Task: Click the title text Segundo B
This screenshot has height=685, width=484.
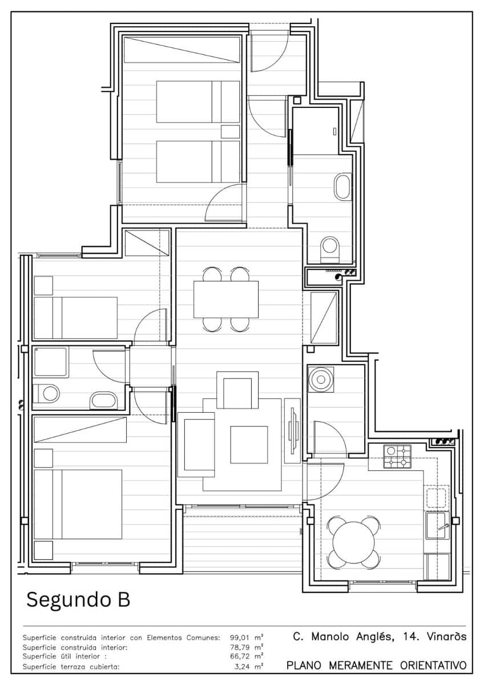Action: point(78,600)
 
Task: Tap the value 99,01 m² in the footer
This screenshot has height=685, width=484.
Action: point(247,638)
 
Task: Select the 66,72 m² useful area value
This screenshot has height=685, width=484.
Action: point(247,656)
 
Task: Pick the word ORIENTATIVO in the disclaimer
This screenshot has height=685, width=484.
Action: point(433,666)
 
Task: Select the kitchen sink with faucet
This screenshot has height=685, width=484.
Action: point(438,526)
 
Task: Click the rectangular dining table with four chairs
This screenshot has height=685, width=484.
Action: point(226,299)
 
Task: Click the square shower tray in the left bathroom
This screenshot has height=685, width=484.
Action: point(50,362)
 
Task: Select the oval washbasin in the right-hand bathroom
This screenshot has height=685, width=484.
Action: point(344,187)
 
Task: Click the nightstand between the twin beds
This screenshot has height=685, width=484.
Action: point(231,131)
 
